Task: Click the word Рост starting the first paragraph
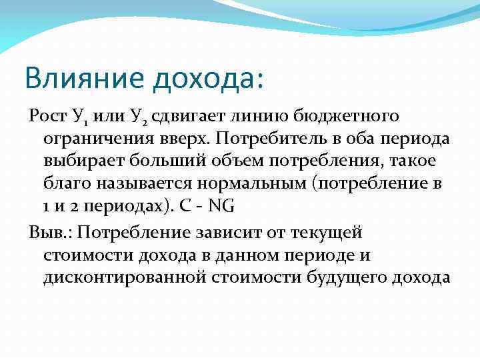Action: click(x=46, y=117)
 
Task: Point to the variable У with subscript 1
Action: click(x=78, y=118)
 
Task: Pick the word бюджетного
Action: click(x=337, y=117)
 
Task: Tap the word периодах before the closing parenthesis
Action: click(x=119, y=206)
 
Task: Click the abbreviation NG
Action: click(x=221, y=206)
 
